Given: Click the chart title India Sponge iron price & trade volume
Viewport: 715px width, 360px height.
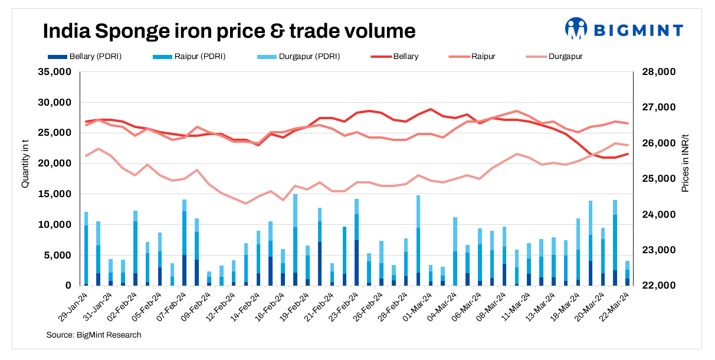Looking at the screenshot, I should (229, 31).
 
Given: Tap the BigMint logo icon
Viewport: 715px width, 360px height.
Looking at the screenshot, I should (576, 28).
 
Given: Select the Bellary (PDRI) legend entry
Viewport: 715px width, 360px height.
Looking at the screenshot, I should (88, 57).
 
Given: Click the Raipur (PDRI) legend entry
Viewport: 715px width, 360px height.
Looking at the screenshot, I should (192, 57).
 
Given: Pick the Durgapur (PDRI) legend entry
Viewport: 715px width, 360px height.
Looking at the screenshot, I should (295, 57).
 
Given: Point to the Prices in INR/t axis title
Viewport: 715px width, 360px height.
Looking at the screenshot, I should (685, 163).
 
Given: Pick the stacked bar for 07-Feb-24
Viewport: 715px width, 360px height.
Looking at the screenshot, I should (185, 243).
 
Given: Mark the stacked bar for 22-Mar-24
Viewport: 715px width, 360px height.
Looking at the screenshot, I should (628, 273).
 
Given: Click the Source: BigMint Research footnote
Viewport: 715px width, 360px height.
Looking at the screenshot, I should (94, 335).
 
